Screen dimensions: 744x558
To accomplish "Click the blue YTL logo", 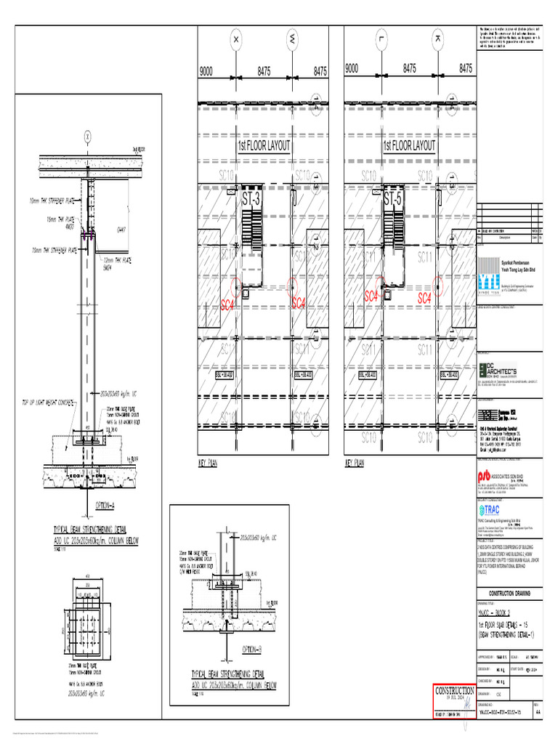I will coord(490,283).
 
